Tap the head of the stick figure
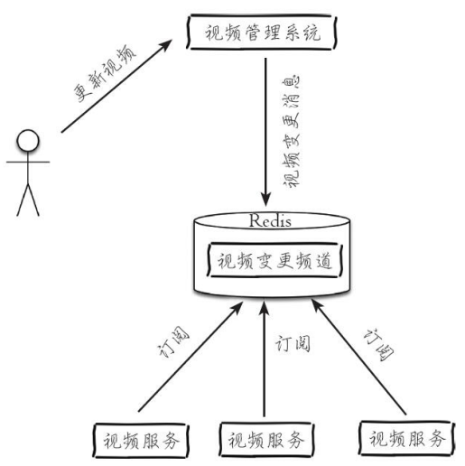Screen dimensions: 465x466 coord(28,141)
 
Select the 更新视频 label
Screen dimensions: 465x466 coord(105,73)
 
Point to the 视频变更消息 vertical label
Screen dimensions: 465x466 coord(292,131)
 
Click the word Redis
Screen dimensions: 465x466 coord(270,220)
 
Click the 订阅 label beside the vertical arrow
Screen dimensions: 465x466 coord(293,343)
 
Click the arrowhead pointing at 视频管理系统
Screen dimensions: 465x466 coord(165,45)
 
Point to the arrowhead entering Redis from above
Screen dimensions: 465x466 coord(265,200)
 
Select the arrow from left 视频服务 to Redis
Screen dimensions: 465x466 coord(191,357)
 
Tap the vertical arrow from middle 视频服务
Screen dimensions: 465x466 coord(265,359)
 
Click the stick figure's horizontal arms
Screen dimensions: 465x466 coord(28,162)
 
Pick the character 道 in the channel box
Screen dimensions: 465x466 coord(323,261)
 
